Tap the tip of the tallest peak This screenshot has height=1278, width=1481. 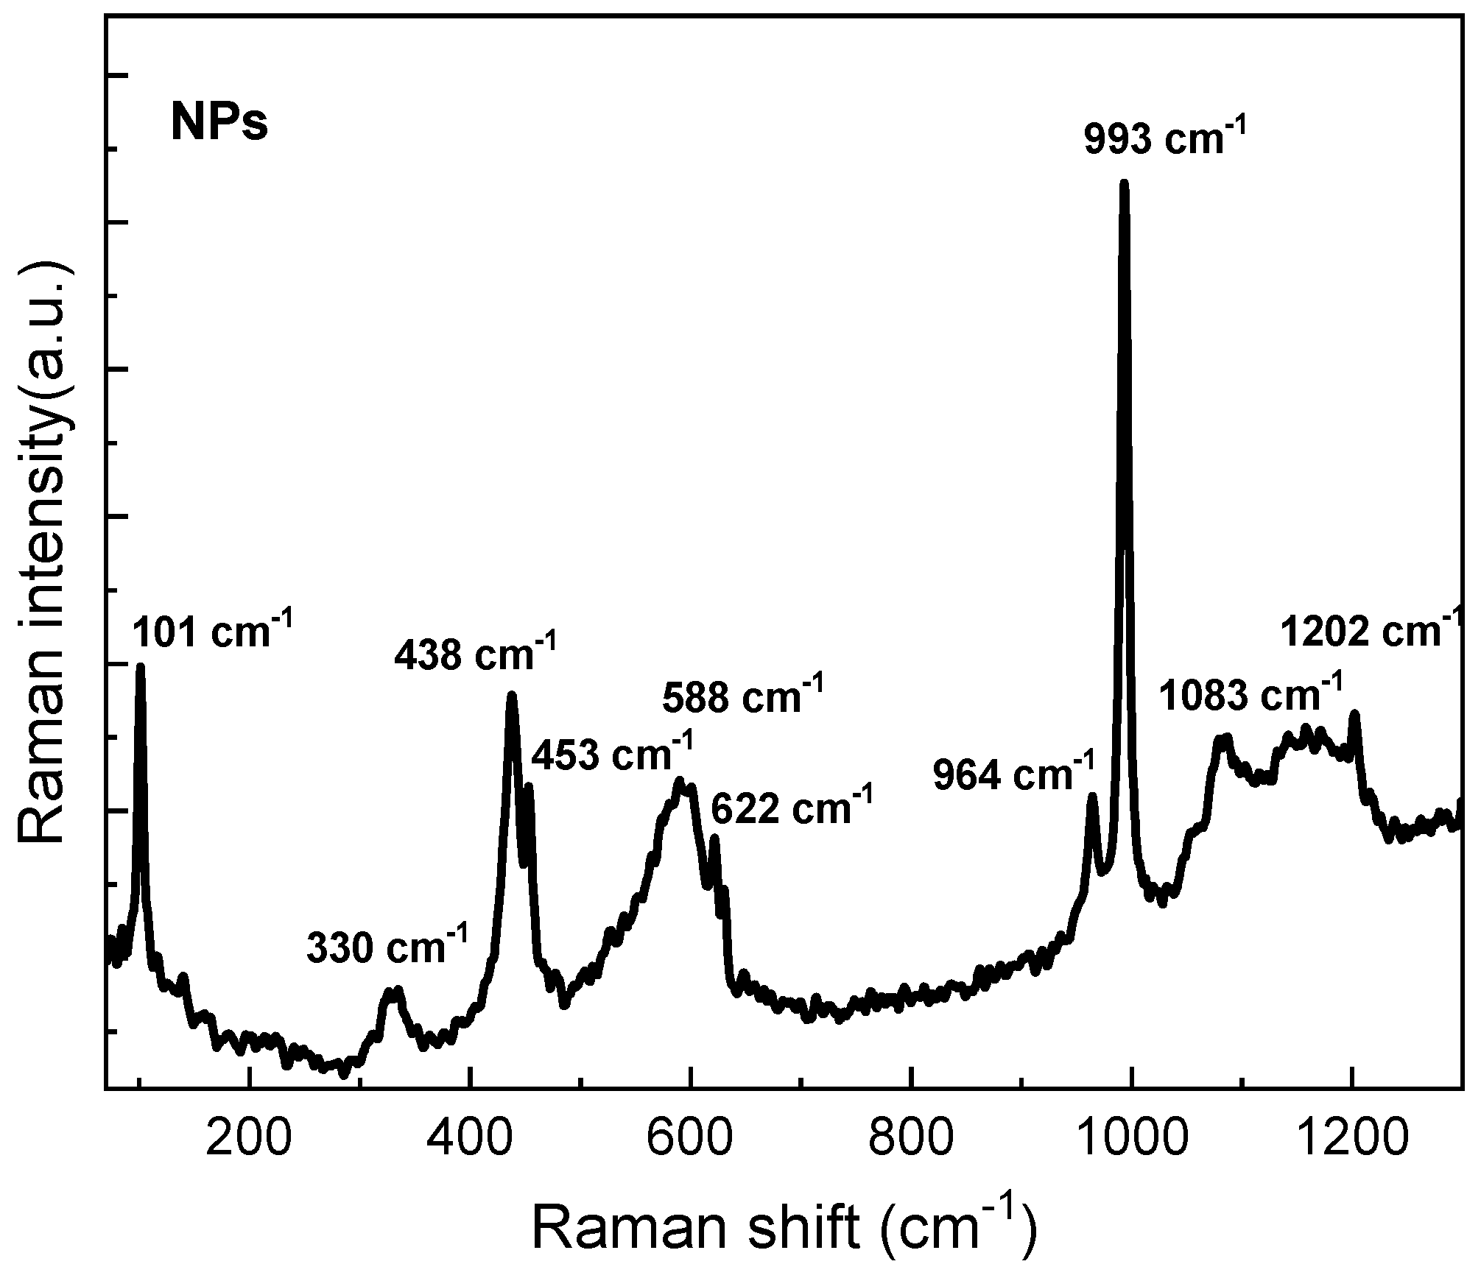click(x=1124, y=183)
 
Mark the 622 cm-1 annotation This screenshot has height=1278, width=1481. click(x=792, y=810)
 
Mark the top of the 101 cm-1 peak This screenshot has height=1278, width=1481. click(x=140, y=667)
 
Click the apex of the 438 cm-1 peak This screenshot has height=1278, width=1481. click(x=511, y=695)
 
